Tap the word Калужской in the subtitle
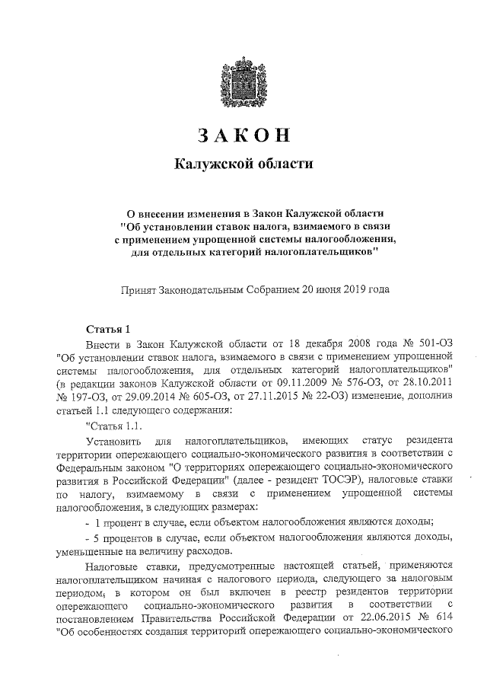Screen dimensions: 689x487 [212, 164]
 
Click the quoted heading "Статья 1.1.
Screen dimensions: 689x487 [113, 425]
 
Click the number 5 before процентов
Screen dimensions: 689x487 [97, 538]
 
